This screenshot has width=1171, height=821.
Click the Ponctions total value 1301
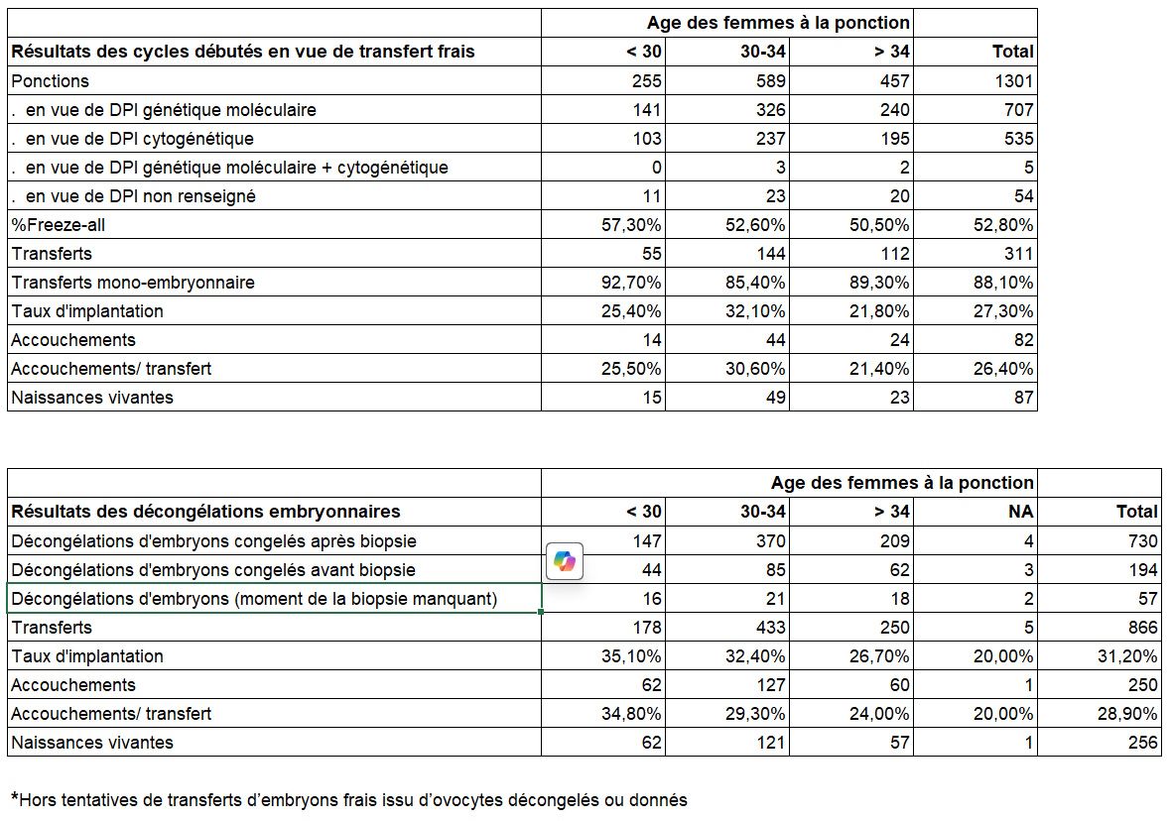tap(1012, 81)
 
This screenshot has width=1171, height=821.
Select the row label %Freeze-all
tap(59, 225)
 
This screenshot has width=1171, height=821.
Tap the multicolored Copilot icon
tap(565, 562)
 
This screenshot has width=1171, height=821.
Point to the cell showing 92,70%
tap(631, 283)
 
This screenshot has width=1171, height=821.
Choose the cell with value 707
tap(1018, 110)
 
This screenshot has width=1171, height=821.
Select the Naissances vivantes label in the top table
tap(92, 398)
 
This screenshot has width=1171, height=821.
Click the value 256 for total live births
tap(1142, 743)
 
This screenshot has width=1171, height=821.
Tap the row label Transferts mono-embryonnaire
tap(133, 283)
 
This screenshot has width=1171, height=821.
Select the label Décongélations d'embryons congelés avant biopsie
tap(213, 570)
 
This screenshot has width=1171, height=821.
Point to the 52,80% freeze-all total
tap(1003, 225)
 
